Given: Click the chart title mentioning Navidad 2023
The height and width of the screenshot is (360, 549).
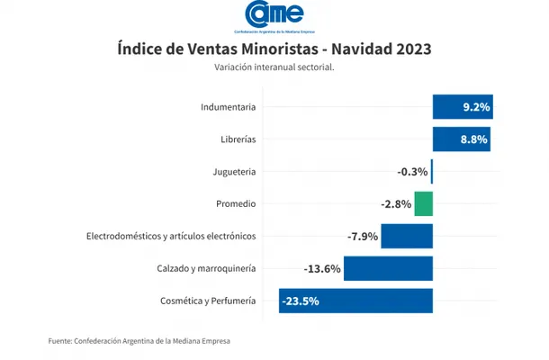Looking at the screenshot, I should pos(274,49).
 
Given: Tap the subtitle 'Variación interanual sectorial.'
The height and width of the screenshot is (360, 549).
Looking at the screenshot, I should pos(274,67).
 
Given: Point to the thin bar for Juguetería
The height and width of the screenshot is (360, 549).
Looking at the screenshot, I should pos(432,172).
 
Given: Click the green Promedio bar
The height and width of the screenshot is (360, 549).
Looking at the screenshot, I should pos(424,204).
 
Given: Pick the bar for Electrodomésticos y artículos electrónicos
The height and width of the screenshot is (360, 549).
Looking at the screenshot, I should pos(407,237).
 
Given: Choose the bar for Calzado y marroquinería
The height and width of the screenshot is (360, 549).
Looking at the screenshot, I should pos(388,268).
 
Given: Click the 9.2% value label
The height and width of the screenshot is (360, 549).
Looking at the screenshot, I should pos(476,107).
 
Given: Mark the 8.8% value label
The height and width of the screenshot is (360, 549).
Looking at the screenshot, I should pos(475,139).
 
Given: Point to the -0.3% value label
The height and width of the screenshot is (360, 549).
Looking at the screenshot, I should pos(412,172).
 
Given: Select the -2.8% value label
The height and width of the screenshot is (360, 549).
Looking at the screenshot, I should pos(396,204).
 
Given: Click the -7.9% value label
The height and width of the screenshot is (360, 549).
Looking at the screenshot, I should pos(363,237).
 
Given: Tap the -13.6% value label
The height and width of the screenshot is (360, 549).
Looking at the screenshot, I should pos(322,268).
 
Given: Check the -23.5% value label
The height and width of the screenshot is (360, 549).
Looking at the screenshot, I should pos(301,301).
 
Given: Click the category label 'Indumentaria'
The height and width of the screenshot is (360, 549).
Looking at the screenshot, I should pos(229,107).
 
